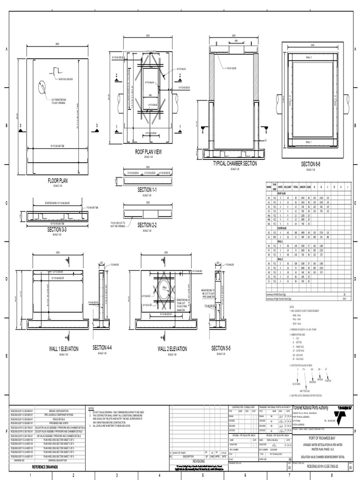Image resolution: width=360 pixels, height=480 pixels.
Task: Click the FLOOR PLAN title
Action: click(x=58, y=180)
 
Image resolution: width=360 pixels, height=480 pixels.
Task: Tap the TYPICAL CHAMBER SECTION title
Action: click(x=235, y=163)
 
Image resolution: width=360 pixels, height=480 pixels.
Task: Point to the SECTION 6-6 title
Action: click(x=311, y=165)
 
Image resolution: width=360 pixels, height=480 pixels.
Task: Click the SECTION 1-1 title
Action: click(x=147, y=189)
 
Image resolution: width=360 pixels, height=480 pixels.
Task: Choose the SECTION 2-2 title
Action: click(x=147, y=225)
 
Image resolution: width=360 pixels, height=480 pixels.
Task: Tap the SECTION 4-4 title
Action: click(x=103, y=347)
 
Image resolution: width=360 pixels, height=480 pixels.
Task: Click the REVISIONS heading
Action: click(x=199, y=461)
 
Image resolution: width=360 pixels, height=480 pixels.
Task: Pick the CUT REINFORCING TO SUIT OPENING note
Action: click(x=59, y=101)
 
